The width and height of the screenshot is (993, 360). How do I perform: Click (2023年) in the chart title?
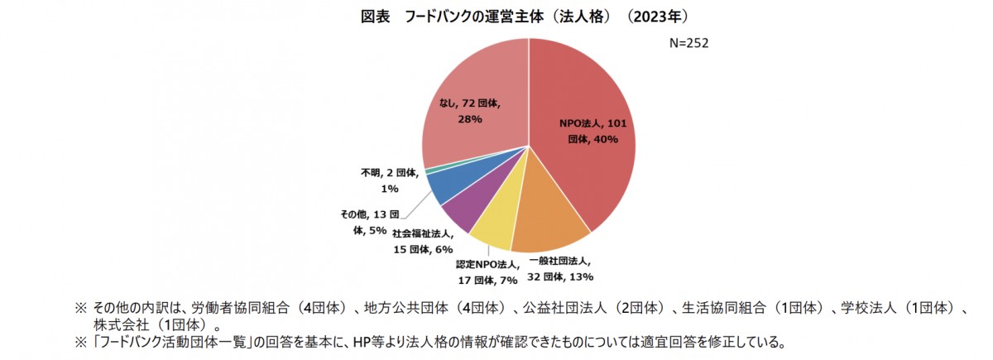(x=659, y=16)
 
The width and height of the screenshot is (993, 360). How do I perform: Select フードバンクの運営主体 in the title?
(x=475, y=16)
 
